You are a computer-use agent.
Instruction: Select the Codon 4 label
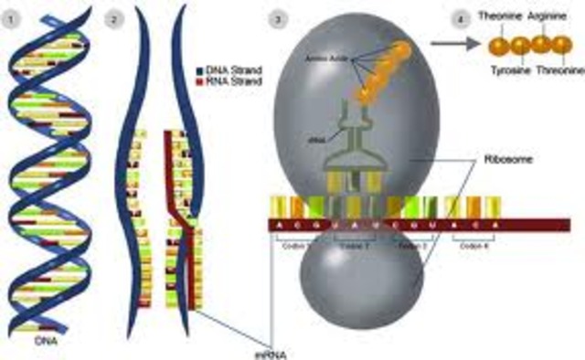click(x=475, y=246)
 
